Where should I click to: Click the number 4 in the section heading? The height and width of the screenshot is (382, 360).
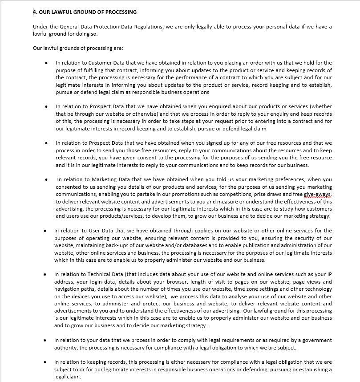pyautogui.click(x=35, y=12)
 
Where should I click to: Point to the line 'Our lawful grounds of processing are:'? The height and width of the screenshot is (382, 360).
pyautogui.click(x=78, y=48)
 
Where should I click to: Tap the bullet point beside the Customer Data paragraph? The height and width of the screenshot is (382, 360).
pyautogui.click(x=47, y=63)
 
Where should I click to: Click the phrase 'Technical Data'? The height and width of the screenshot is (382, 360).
pyautogui.click(x=106, y=274)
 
